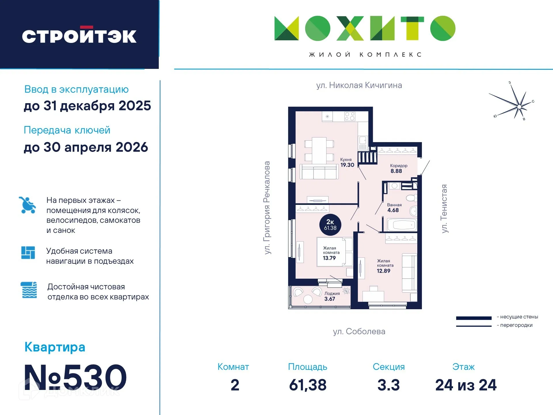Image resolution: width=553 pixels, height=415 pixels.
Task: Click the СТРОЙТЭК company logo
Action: click(79, 36)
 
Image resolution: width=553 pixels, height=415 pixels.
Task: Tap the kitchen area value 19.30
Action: click(347, 165)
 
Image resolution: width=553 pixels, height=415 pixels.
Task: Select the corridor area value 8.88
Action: click(396, 171)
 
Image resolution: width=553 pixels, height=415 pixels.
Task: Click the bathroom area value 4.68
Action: click(393, 210)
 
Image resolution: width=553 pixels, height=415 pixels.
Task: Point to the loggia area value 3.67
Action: click(330, 299)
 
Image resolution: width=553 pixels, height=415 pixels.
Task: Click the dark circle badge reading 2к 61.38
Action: click(330, 225)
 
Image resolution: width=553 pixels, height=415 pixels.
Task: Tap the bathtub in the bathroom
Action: click(402, 225)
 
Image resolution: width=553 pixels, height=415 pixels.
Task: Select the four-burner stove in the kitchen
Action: click(350, 116)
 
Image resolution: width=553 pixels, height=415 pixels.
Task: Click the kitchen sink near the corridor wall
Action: click(363, 141)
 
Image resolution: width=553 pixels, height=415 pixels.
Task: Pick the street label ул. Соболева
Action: click(359, 331)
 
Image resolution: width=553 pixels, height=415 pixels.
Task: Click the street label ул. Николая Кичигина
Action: click(359, 85)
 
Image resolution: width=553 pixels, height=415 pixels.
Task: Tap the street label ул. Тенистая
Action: click(444, 209)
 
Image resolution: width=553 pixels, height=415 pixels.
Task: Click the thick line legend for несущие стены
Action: click(473, 318)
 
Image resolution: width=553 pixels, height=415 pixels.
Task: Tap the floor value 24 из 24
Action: click(466, 385)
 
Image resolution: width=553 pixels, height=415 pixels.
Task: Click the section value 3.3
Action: click(388, 385)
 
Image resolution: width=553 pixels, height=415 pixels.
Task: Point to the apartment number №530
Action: click(76, 377)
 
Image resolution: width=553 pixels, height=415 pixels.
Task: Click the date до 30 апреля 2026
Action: click(86, 147)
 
